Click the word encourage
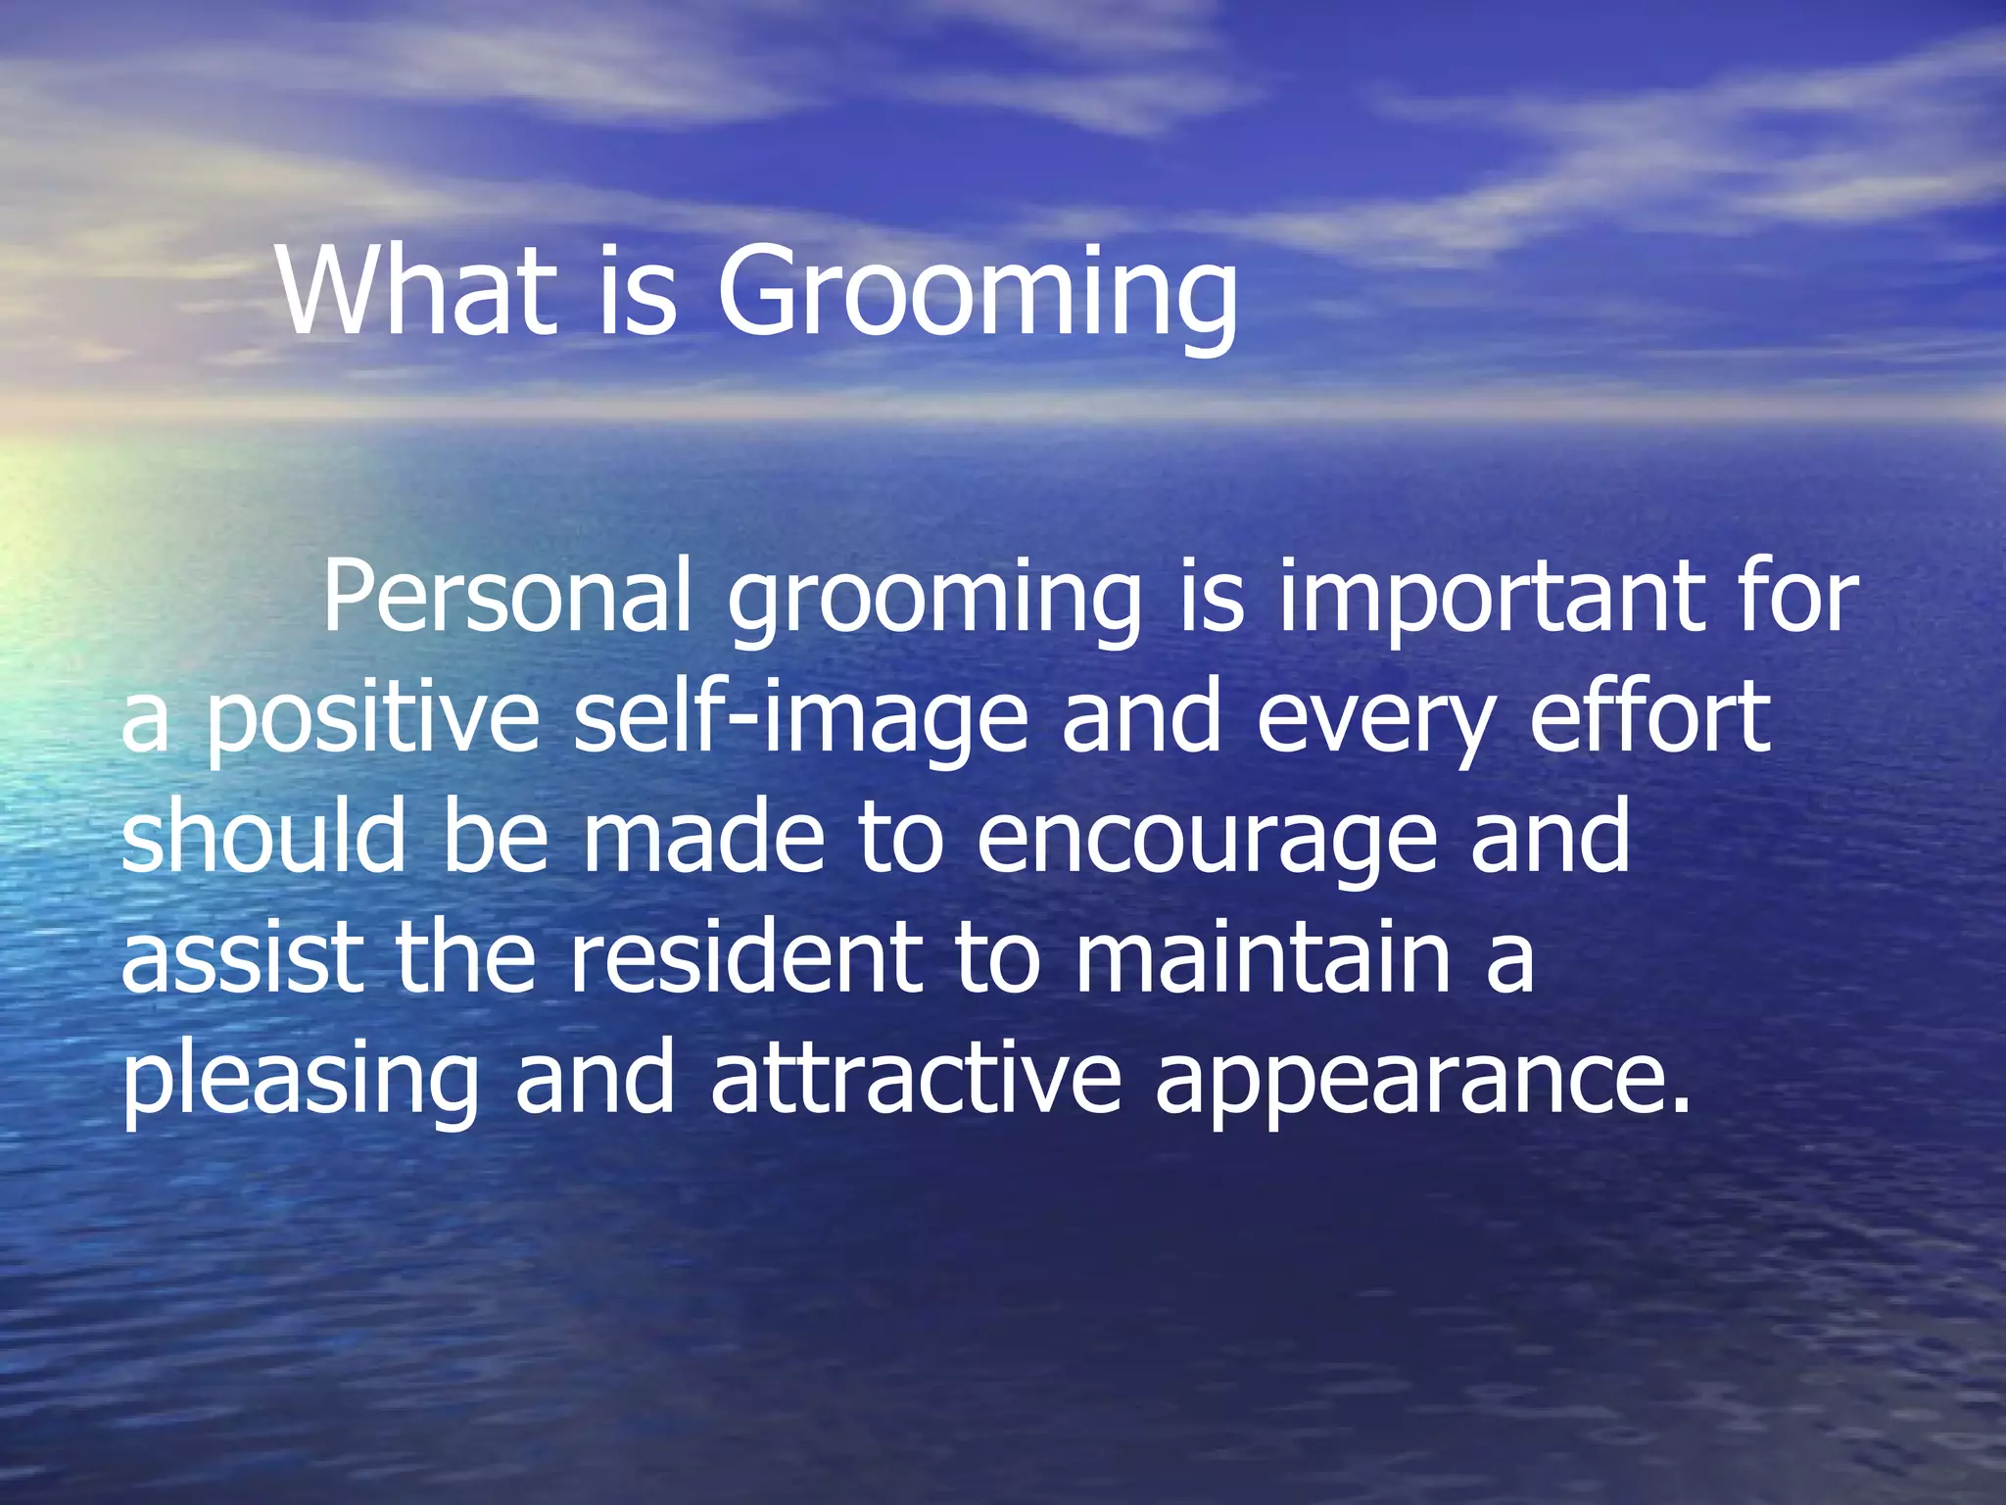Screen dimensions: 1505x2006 pos(1205,843)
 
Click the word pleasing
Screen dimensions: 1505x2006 pos(300,1083)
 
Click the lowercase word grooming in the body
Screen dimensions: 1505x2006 pos(934,603)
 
